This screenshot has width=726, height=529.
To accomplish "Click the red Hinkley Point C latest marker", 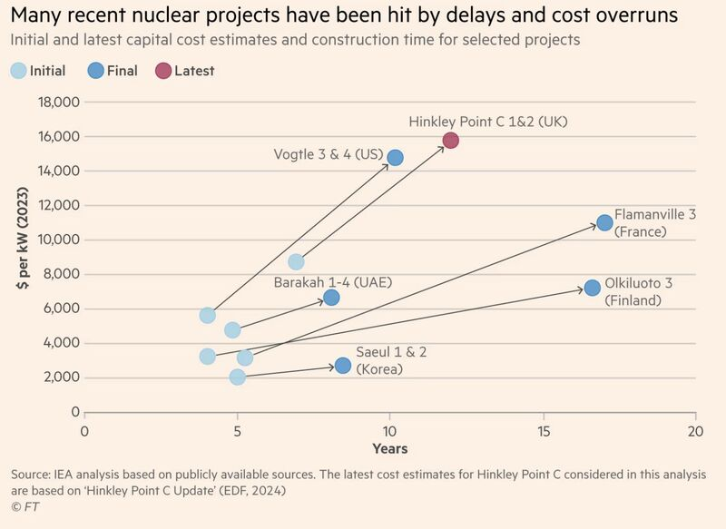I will click(450, 140).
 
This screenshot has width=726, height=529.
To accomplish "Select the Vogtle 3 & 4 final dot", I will click(395, 157).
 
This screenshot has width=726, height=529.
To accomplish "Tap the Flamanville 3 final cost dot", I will click(604, 222).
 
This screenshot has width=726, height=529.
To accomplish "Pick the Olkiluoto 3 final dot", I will click(592, 288).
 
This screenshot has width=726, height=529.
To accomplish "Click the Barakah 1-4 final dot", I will click(331, 298).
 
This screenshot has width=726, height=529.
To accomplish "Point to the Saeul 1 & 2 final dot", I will click(342, 365).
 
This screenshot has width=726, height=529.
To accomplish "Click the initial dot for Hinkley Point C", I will click(296, 261).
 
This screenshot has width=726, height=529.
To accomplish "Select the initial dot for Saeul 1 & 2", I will click(237, 377).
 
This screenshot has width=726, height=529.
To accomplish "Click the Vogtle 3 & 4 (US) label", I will click(328, 154).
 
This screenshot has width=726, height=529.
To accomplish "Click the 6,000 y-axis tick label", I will click(58, 309).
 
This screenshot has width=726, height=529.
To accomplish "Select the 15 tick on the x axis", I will click(543, 430).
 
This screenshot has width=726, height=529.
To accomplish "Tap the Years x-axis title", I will click(389, 448).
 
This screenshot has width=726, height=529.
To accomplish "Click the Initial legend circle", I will click(18, 71).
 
